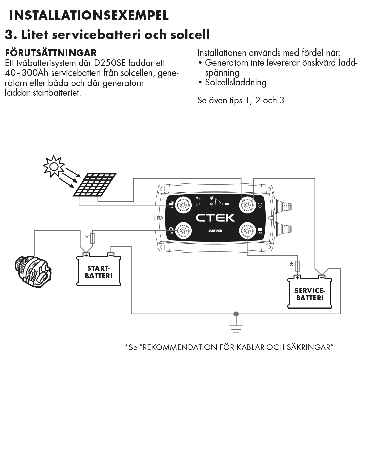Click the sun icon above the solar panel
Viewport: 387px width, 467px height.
point(54,166)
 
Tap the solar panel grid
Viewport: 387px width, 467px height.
point(94,185)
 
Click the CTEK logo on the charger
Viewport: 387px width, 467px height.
point(215,217)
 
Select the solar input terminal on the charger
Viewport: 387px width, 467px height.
point(183,204)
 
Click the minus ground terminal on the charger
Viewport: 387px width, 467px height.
point(247,204)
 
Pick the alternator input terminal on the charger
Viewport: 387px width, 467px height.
point(183,231)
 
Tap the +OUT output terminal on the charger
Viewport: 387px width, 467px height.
point(247,231)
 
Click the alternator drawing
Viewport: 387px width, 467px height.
point(34,271)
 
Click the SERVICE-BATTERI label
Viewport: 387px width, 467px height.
point(310,294)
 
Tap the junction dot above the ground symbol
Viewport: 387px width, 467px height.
point(236,314)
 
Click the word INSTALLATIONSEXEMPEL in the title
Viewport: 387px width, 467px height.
point(89,15)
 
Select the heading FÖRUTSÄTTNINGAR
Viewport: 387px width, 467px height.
point(51,53)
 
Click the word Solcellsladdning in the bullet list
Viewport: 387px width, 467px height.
point(236,82)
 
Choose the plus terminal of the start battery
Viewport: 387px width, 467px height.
point(86,255)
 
